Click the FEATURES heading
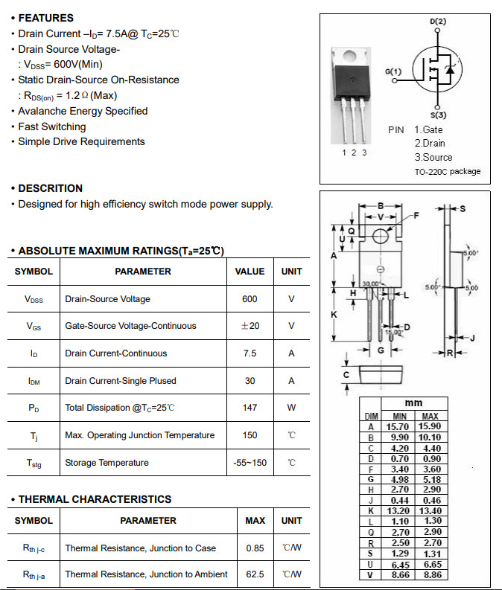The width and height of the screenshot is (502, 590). click(45, 18)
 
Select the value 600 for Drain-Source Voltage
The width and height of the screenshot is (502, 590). click(250, 299)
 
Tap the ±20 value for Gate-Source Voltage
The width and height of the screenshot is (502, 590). click(250, 326)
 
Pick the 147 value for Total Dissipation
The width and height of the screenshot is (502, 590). click(250, 408)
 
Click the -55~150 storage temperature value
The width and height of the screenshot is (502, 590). click(250, 463)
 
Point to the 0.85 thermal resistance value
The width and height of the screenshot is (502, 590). click(255, 548)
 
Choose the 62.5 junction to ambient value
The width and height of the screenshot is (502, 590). click(255, 574)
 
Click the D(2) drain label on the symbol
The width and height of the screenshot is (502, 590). click(438, 22)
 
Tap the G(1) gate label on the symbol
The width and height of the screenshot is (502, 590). click(393, 71)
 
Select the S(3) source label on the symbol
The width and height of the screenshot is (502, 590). click(438, 115)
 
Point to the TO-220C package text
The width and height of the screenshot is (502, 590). click(447, 172)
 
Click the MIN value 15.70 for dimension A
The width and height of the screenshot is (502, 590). click(400, 427)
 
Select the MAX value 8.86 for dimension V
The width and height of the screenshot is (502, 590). click(430, 575)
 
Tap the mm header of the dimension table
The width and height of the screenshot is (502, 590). click(413, 403)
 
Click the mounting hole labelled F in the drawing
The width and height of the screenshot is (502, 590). click(380, 236)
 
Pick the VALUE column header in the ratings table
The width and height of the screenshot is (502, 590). click(250, 272)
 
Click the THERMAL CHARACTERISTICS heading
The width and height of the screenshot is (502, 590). click(95, 499)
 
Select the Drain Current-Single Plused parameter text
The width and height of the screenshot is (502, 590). click(121, 381)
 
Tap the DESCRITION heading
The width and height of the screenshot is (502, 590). click(50, 188)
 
